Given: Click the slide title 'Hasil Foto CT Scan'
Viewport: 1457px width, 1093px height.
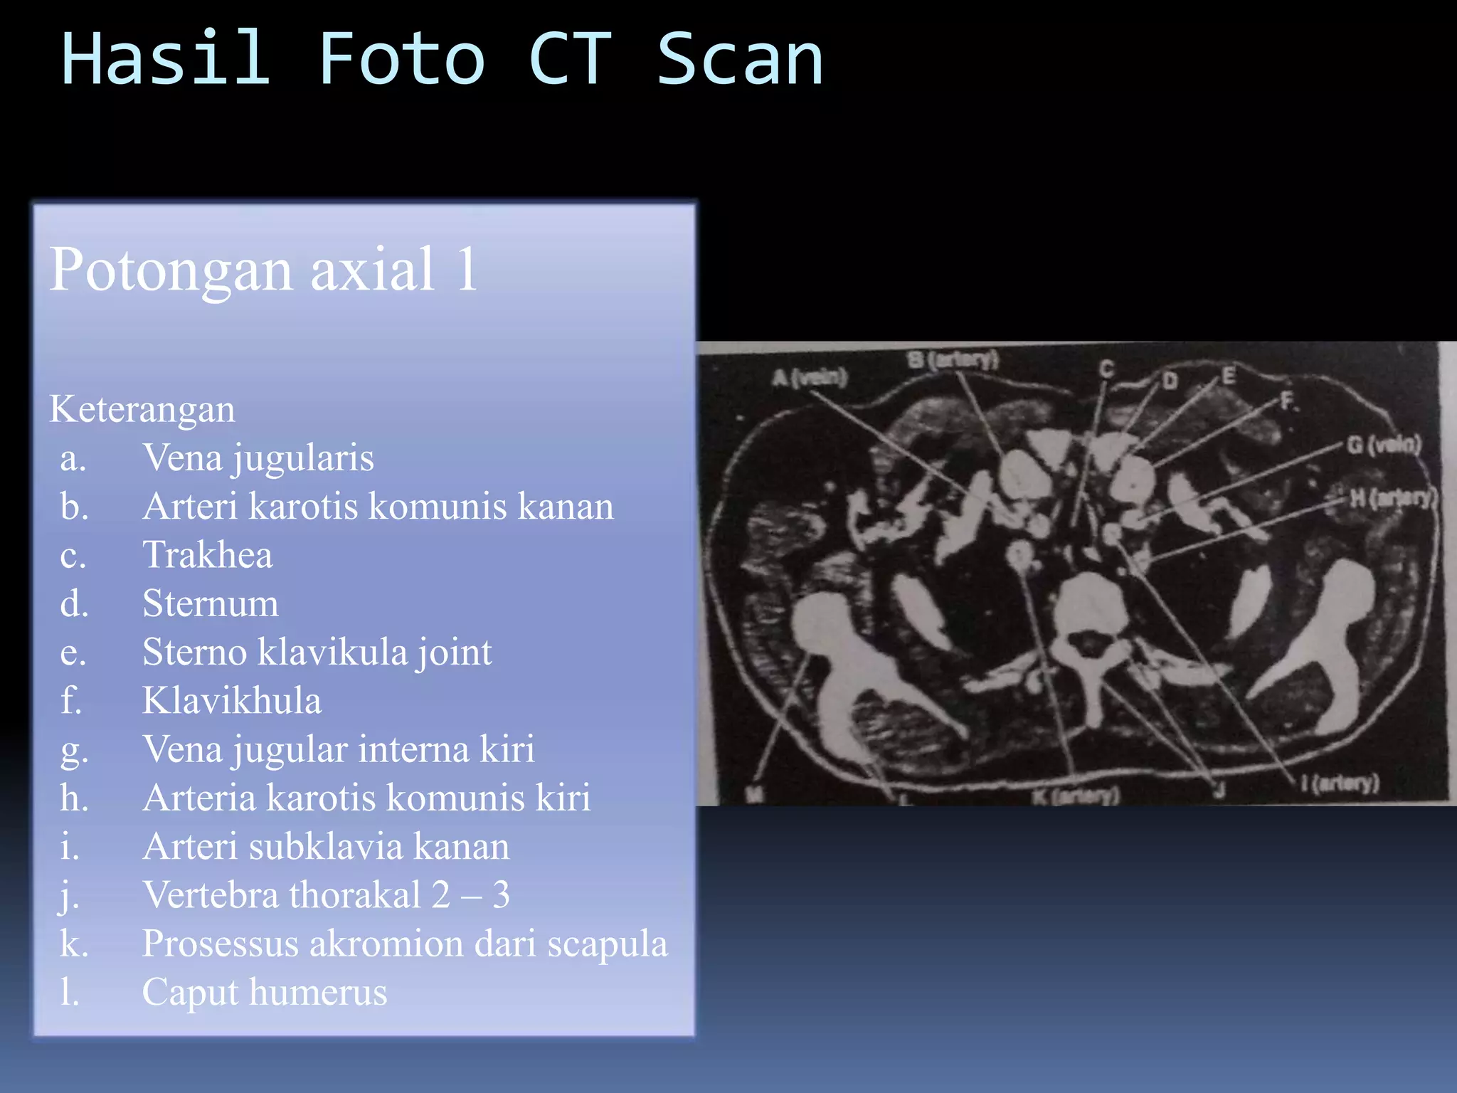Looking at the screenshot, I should (x=442, y=60).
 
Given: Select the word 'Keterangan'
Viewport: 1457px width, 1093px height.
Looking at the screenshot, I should (x=142, y=409).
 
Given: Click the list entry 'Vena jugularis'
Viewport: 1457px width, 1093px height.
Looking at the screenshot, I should (x=258, y=458).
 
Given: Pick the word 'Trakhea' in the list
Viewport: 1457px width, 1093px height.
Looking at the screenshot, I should (x=207, y=554).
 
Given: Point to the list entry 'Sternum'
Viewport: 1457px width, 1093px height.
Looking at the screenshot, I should (x=210, y=603).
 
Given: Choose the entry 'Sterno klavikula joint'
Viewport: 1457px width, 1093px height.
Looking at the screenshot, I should (x=317, y=652).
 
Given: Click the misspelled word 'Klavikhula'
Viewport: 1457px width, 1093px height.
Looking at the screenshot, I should (x=231, y=700).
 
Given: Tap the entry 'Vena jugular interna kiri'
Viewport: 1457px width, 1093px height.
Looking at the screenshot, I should (x=338, y=749).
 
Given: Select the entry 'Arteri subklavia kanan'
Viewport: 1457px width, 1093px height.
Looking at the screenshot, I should (x=326, y=846).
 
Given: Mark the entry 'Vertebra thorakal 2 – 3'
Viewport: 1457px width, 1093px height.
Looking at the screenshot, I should (x=326, y=894).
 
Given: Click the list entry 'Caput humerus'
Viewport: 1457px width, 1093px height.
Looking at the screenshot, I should (x=264, y=992).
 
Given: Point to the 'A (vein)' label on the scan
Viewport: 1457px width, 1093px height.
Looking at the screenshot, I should (x=810, y=377).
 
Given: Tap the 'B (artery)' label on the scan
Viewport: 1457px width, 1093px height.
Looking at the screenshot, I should (x=953, y=361).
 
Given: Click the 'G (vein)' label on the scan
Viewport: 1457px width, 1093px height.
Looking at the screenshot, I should (x=1384, y=445).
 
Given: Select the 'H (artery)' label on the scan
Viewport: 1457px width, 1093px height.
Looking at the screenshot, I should (x=1394, y=497).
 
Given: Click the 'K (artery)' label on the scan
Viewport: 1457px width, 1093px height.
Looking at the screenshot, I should (x=1076, y=795).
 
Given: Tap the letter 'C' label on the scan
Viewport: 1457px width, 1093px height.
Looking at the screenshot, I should (x=1106, y=369).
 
